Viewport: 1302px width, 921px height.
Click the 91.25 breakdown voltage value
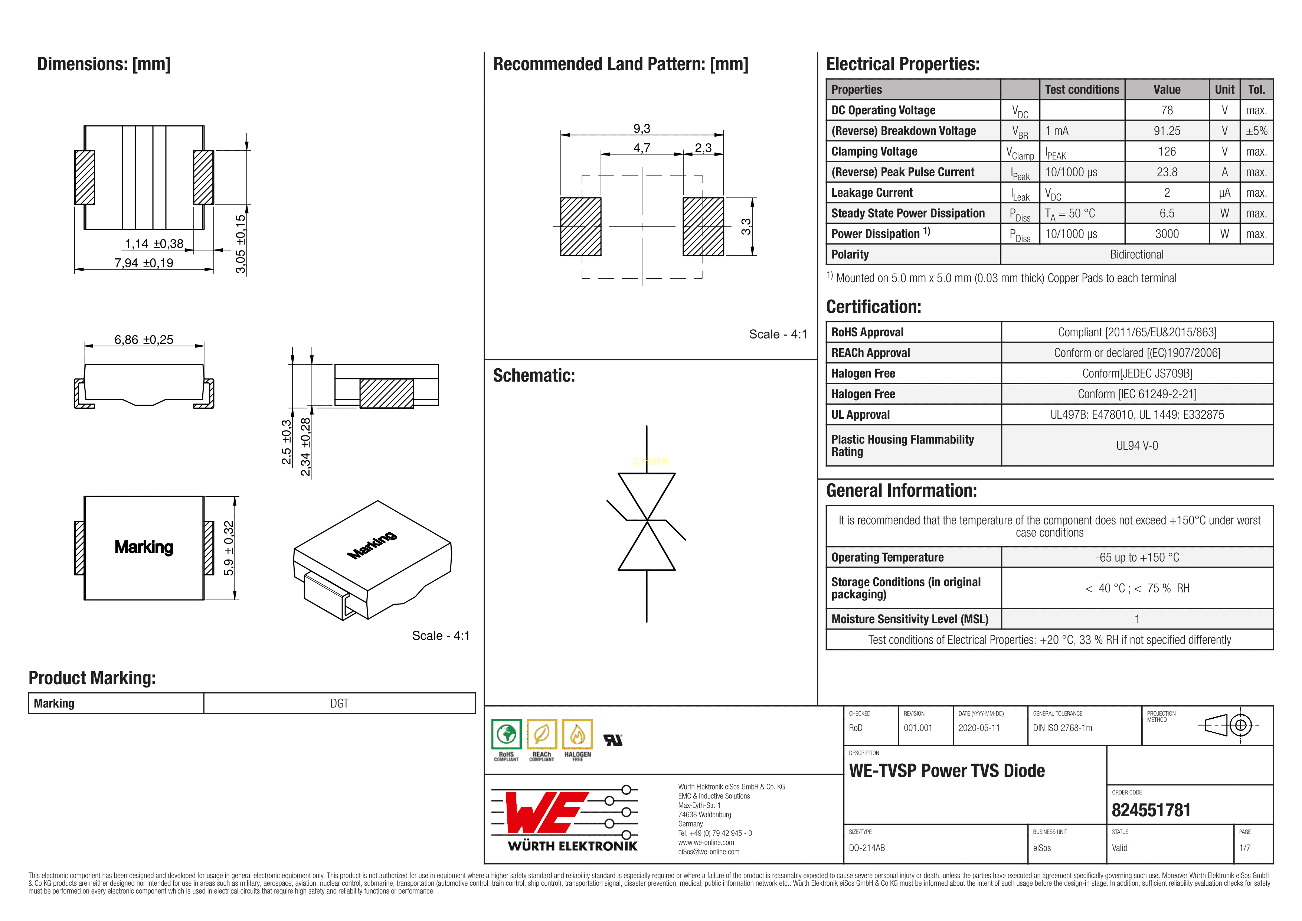coord(1167,131)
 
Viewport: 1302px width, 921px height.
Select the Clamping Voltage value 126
coord(1167,151)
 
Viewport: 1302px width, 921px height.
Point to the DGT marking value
coord(339,703)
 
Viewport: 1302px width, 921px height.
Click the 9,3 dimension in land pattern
coord(641,129)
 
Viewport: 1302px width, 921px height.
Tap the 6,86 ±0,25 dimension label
coord(144,340)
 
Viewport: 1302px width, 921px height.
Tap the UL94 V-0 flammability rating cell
coord(1136,446)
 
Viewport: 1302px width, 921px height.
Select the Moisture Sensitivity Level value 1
coord(1136,619)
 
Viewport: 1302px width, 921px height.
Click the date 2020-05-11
coord(979,728)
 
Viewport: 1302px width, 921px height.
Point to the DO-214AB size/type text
coord(867,848)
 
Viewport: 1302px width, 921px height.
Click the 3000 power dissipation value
coord(1167,233)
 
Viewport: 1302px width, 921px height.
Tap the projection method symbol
coord(1228,725)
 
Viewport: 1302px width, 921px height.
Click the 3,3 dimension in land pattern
coord(746,227)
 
